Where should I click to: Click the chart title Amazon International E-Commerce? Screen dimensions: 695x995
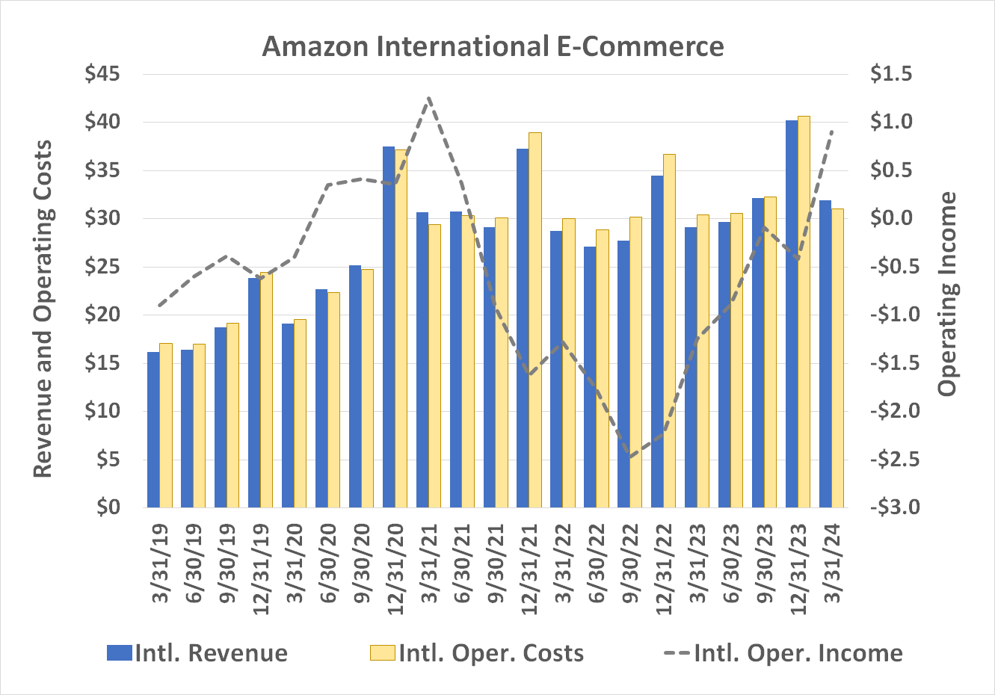[x=493, y=46]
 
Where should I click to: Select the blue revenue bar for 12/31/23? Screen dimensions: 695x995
[x=792, y=314]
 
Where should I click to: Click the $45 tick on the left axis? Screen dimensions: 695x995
[x=102, y=74]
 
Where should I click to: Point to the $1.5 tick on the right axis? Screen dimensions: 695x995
[x=891, y=74]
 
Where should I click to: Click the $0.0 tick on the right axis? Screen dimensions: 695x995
[x=891, y=218]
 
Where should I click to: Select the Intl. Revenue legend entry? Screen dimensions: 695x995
[x=197, y=653]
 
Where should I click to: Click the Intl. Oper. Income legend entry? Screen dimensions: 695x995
[x=783, y=653]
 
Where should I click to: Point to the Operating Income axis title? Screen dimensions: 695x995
[x=948, y=294]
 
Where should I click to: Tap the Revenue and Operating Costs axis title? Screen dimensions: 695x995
[x=43, y=309]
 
